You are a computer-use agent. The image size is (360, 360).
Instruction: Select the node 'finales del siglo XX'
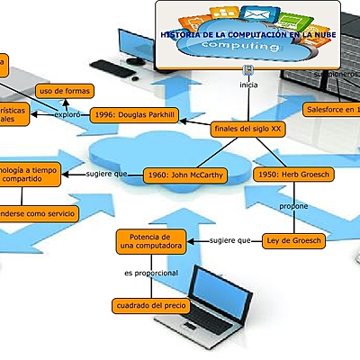tap(247, 130)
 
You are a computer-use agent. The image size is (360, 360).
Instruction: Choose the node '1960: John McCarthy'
tap(185, 175)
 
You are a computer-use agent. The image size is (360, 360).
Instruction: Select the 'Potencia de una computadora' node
tap(151, 240)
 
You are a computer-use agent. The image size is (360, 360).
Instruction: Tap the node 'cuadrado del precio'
tap(151, 306)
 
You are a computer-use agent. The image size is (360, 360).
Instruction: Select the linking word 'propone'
tap(293, 206)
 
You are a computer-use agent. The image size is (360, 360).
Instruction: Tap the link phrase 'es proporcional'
tap(151, 273)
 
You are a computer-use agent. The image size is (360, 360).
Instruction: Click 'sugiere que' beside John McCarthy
tap(107, 174)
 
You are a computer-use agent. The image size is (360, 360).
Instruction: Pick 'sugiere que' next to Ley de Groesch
tap(229, 240)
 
